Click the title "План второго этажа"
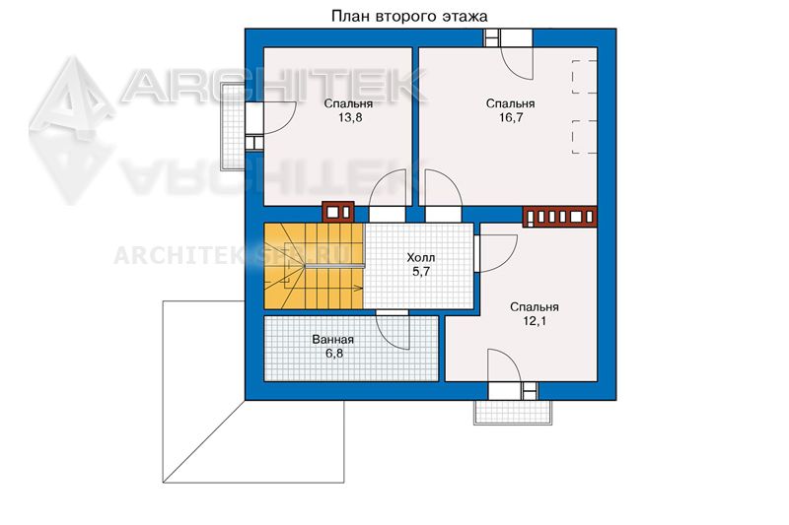coord(409,16)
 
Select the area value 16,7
coord(511,117)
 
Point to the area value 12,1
coord(534,321)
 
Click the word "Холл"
coord(421,258)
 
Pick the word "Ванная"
coord(333,340)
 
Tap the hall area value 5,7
coord(421,272)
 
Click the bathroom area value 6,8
coord(334,354)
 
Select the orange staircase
coord(314,266)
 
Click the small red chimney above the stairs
coord(338,212)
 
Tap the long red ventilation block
coord(560,217)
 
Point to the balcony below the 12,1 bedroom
coord(513,413)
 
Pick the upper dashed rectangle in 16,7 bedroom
coord(584,77)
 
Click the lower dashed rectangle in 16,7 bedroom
coord(584,137)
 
